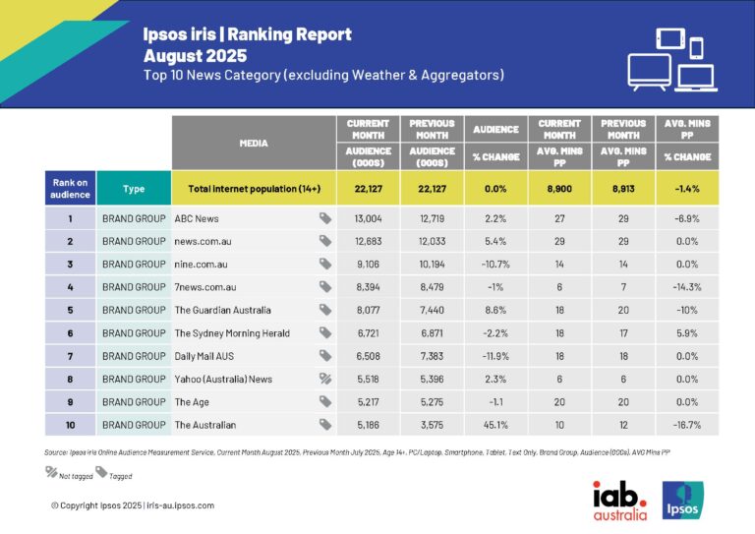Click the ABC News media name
pyautogui.click(x=198, y=218)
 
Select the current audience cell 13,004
pyautogui.click(x=368, y=218)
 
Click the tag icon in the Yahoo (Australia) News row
pyautogui.click(x=324, y=379)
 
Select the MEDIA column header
pyautogui.click(x=253, y=144)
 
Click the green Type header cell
pyautogui.click(x=134, y=187)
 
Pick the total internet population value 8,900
pyautogui.click(x=559, y=187)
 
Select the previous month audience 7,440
pyautogui.click(x=432, y=310)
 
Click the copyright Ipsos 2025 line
pyautogui.click(x=132, y=504)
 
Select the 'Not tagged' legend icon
pyautogui.click(x=52, y=472)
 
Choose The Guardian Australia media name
pyautogui.click(x=223, y=310)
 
